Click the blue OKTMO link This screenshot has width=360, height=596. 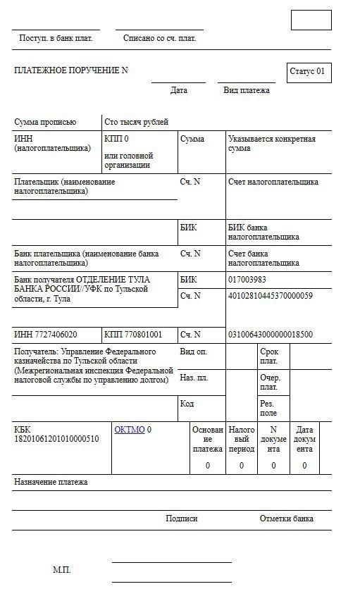pos(129,428)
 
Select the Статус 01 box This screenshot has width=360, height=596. pos(308,72)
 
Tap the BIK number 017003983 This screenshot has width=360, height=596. pos(247,280)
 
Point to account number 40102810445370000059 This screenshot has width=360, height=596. pos(270,295)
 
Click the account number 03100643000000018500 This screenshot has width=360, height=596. pos(271,334)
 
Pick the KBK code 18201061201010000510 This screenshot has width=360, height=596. pos(56,439)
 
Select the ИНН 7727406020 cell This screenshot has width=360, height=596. pos(46,334)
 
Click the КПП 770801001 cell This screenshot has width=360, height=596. pos(132,334)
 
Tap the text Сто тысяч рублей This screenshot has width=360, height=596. pos(136,122)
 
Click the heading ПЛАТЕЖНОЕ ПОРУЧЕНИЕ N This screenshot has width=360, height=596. pos(71,70)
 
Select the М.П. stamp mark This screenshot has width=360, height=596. pos(62,569)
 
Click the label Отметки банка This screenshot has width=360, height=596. pos(286,519)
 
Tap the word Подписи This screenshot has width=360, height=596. pos(182,519)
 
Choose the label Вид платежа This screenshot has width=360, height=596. pos(247,90)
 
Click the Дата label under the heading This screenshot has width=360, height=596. pos(179,90)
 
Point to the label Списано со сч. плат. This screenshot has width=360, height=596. pos(159,38)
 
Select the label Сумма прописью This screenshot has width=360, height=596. pos(45,122)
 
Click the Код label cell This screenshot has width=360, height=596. pos(187,404)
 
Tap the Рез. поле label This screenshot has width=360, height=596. pos(268,409)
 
